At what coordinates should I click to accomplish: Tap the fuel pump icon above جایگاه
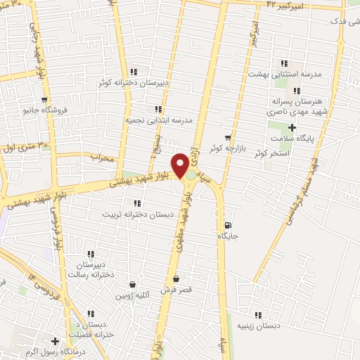pos(226,226)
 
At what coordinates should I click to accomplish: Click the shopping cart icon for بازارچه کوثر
pos(227,137)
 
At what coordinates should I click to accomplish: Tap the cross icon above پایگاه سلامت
pos(292,127)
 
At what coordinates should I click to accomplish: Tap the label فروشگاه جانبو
pos(45,110)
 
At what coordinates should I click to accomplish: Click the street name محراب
pos(102,158)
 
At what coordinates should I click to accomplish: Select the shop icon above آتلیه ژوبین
pos(132,285)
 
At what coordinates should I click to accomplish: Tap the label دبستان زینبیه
pos(258,326)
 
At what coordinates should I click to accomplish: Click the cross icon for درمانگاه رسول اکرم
pos(55,341)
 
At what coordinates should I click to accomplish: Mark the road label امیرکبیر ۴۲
pos(287,5)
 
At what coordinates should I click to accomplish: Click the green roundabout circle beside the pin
pos(191,174)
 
